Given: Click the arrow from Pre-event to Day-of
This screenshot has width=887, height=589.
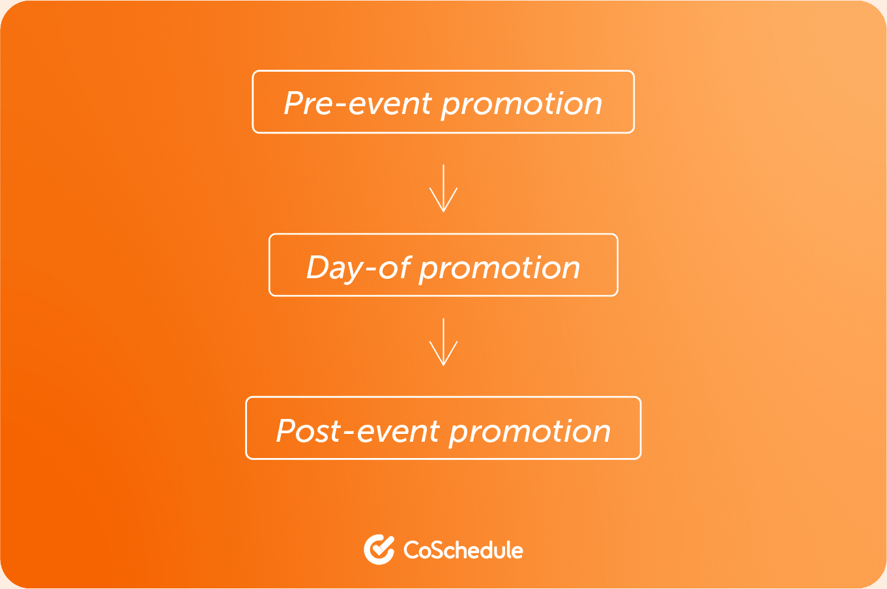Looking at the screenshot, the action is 443,188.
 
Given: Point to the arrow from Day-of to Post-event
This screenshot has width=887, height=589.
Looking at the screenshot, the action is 443,341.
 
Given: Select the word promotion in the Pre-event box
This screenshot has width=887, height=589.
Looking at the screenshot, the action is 522,106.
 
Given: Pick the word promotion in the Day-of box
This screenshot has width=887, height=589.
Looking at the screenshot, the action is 500,270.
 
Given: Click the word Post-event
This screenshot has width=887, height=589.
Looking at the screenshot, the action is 358,431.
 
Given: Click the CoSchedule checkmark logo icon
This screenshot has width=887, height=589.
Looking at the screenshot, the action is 379,549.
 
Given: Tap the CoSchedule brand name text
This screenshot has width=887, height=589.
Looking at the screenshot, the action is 463,550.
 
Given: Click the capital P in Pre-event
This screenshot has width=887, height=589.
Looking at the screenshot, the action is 294,104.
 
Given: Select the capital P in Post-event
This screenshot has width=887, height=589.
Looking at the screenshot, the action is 287,431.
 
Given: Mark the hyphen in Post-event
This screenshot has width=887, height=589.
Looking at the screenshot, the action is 349,433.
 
